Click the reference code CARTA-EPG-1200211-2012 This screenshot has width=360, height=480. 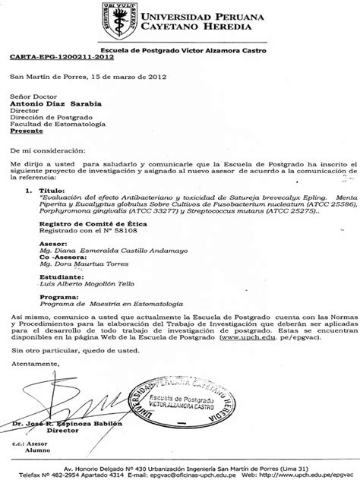(52, 57)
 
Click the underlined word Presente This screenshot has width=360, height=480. (27, 130)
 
